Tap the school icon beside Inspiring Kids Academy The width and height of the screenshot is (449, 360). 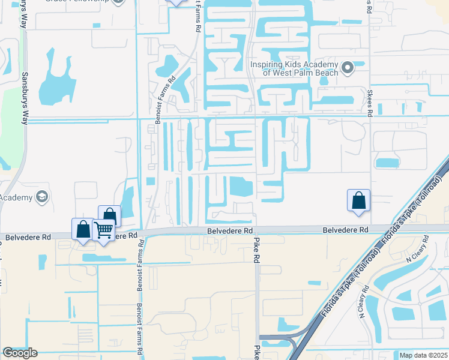(347, 68)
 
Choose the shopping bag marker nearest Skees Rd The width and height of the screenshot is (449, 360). (358, 200)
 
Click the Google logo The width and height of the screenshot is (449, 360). (20, 353)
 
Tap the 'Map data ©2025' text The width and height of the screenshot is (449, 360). (423, 355)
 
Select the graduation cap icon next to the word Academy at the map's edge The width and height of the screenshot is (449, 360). (42, 196)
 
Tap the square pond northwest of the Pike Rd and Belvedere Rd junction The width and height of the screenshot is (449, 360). (241, 187)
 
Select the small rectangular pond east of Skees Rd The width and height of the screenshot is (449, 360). (387, 163)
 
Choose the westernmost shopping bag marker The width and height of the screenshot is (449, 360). (83, 229)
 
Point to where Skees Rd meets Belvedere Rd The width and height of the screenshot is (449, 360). (371, 229)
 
